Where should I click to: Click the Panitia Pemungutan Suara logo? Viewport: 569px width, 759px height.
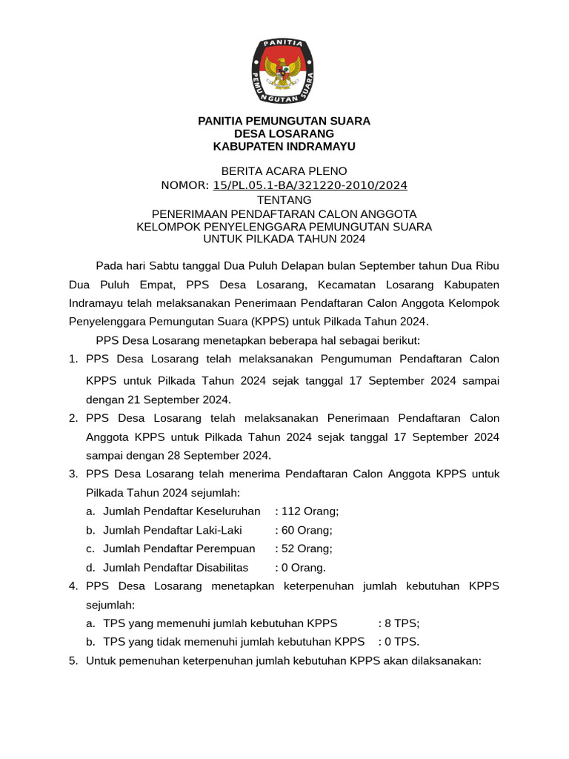point(284,71)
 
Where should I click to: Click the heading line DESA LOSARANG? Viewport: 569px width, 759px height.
point(284,133)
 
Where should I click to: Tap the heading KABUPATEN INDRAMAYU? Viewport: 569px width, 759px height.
point(284,147)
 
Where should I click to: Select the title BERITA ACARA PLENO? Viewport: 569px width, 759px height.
point(284,171)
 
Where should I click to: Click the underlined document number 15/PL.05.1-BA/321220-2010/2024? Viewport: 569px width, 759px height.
point(310,185)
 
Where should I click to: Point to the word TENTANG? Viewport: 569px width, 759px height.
point(284,199)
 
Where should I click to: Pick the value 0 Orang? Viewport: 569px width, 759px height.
point(303,568)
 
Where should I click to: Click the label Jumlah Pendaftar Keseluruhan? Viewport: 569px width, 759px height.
point(182,511)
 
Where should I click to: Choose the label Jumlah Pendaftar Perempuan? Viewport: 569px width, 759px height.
point(179,548)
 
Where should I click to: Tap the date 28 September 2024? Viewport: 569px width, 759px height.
point(218,455)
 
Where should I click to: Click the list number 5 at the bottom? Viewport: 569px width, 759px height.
point(73,660)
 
